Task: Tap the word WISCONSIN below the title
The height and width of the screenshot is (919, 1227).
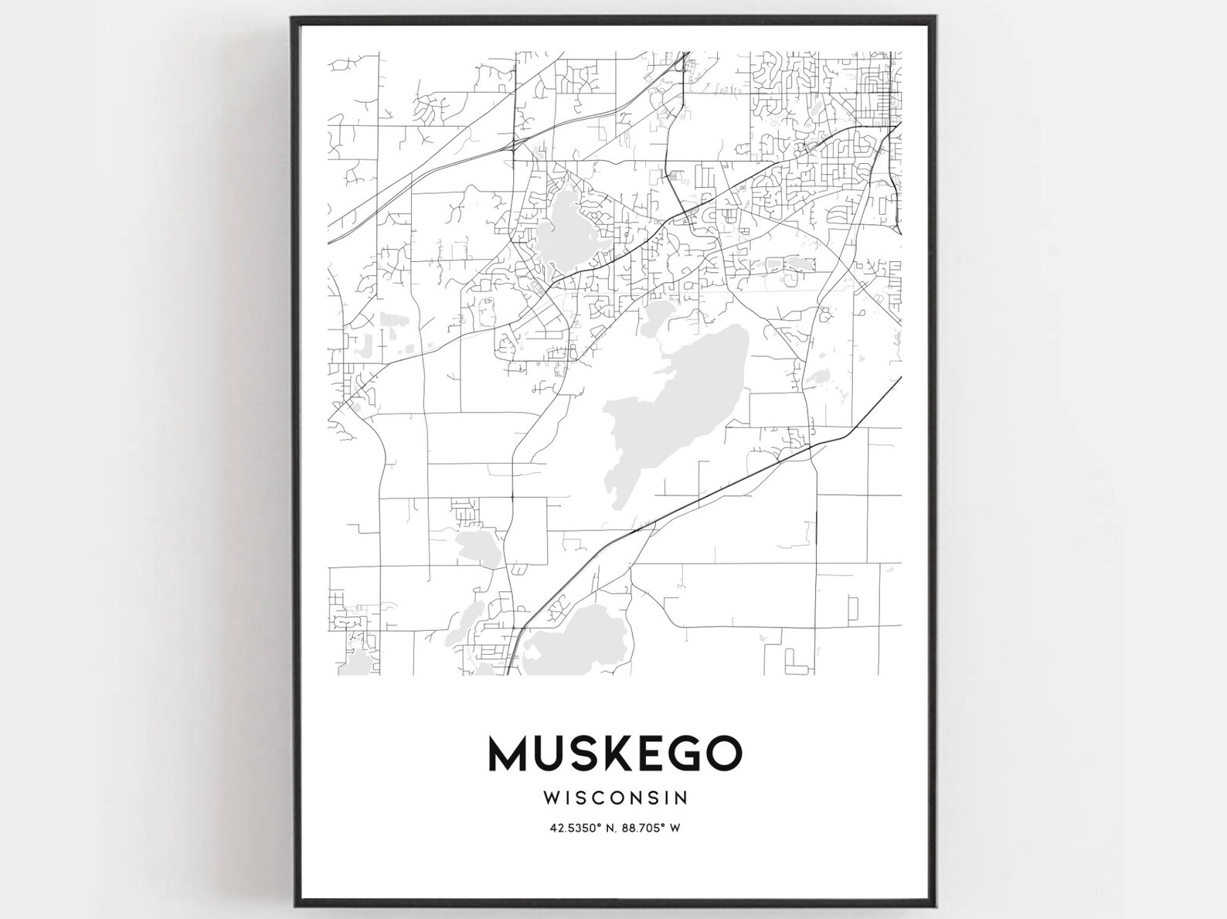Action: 615,796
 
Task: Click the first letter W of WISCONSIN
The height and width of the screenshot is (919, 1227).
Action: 551,796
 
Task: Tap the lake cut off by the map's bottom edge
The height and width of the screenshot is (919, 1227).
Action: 576,642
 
